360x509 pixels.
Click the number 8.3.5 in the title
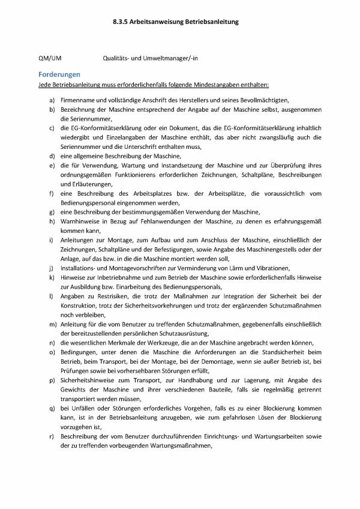[120, 21]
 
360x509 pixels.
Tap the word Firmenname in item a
[76, 99]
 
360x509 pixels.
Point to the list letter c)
[52, 128]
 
